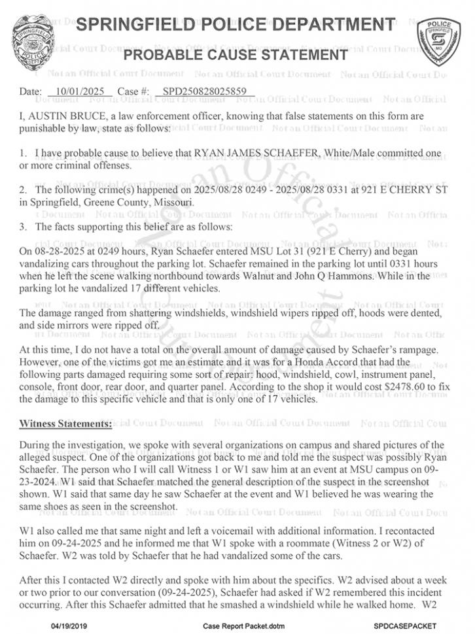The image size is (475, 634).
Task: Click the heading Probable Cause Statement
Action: click(236, 55)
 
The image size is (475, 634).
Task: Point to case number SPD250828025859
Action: click(205, 92)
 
